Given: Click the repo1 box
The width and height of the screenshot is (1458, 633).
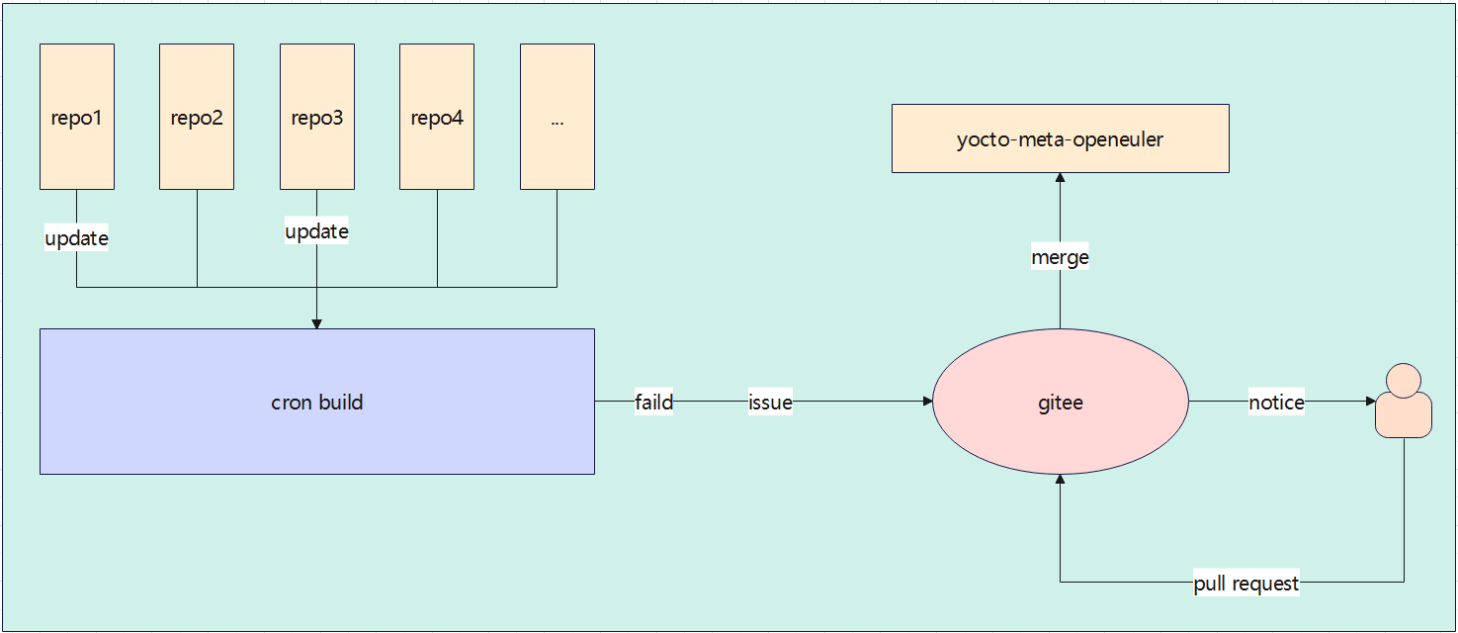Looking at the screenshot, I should pyautogui.click(x=77, y=117).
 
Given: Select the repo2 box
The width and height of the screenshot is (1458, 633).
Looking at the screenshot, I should pyautogui.click(x=197, y=117).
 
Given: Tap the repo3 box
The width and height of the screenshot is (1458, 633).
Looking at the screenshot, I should pyautogui.click(x=317, y=117).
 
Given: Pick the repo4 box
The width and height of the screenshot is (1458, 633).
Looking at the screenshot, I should pyautogui.click(x=437, y=117).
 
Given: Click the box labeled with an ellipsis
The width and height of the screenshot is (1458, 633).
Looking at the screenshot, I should pyautogui.click(x=557, y=117).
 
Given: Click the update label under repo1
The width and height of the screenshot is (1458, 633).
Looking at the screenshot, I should pyautogui.click(x=77, y=239).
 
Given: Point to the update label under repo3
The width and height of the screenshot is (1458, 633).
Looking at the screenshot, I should pyautogui.click(x=316, y=232).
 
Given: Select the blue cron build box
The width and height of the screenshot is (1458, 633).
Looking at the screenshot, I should pyautogui.click(x=316, y=402).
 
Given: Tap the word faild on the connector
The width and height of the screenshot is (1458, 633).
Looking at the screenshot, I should pyautogui.click(x=654, y=403).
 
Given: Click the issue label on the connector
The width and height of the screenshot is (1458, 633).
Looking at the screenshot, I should pyautogui.click(x=770, y=403).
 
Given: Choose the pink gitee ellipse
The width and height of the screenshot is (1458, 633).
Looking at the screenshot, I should pyautogui.click(x=1060, y=402).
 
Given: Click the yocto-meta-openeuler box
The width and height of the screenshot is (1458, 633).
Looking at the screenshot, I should pyautogui.click(x=1060, y=138).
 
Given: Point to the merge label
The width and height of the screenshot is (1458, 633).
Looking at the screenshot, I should pyautogui.click(x=1060, y=258).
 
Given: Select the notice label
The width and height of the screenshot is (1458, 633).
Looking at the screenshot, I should pyautogui.click(x=1276, y=403).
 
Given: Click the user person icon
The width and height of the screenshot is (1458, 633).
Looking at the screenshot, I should pyautogui.click(x=1404, y=401).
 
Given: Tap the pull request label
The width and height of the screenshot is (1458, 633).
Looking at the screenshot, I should pyautogui.click(x=1246, y=584).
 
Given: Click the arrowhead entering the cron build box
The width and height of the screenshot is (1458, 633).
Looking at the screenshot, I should pyautogui.click(x=316, y=322).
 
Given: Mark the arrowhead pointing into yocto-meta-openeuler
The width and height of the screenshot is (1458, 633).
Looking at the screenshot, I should pyautogui.click(x=1060, y=179).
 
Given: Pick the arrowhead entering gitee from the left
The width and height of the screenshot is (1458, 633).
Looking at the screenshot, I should pyautogui.click(x=927, y=402).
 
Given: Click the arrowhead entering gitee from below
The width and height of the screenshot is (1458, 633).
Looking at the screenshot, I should pyautogui.click(x=1060, y=479).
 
